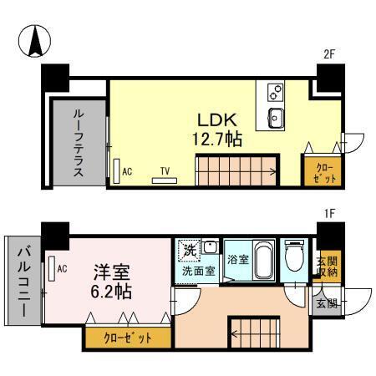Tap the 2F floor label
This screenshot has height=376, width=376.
tap(329, 56)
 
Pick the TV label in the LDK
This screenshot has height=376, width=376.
tap(165, 171)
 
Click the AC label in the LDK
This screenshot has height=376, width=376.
tap(127, 170)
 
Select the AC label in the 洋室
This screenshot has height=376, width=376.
tap(62, 267)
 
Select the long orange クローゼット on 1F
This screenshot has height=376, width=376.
tap(128, 338)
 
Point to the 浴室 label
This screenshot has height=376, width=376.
tap(238, 260)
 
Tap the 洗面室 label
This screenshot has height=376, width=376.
tap(199, 272)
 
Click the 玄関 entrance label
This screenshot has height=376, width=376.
tap(327, 303)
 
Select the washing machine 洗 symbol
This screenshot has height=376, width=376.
tap(191, 250)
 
